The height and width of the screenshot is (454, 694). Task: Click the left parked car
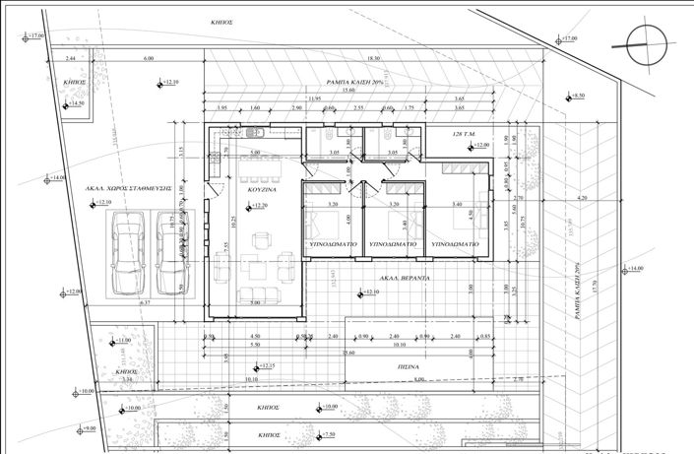click(x=128, y=253)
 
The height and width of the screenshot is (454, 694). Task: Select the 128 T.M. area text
click(x=464, y=132)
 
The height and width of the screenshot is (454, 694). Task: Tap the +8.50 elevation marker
click(x=577, y=97)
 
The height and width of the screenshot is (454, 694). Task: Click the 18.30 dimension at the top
click(x=372, y=59)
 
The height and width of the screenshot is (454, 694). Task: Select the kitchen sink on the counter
click(x=253, y=133)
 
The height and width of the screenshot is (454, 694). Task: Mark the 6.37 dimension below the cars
click(x=146, y=303)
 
